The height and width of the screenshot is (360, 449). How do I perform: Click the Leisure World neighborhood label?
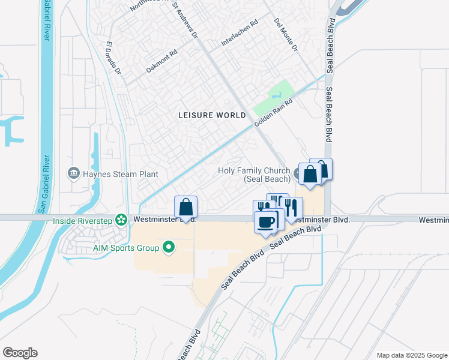[212, 114]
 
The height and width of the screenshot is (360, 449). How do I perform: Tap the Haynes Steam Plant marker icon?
[73, 174]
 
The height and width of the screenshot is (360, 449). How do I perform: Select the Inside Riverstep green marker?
[122, 220]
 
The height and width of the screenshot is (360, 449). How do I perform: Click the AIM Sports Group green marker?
[169, 247]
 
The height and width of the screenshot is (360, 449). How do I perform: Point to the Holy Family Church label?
[254, 175]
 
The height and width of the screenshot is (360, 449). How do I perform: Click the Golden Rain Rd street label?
[273, 112]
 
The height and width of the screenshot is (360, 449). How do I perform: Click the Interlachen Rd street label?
[240, 32]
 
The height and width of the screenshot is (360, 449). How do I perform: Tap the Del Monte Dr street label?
[286, 35]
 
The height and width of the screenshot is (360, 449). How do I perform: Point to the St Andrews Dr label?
[185, 20]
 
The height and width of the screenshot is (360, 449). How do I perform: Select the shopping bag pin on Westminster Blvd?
[186, 208]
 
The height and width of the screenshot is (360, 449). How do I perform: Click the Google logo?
[20, 353]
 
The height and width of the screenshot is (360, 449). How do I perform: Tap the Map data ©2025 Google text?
[411, 355]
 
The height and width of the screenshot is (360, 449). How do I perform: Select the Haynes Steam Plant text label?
[120, 174]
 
